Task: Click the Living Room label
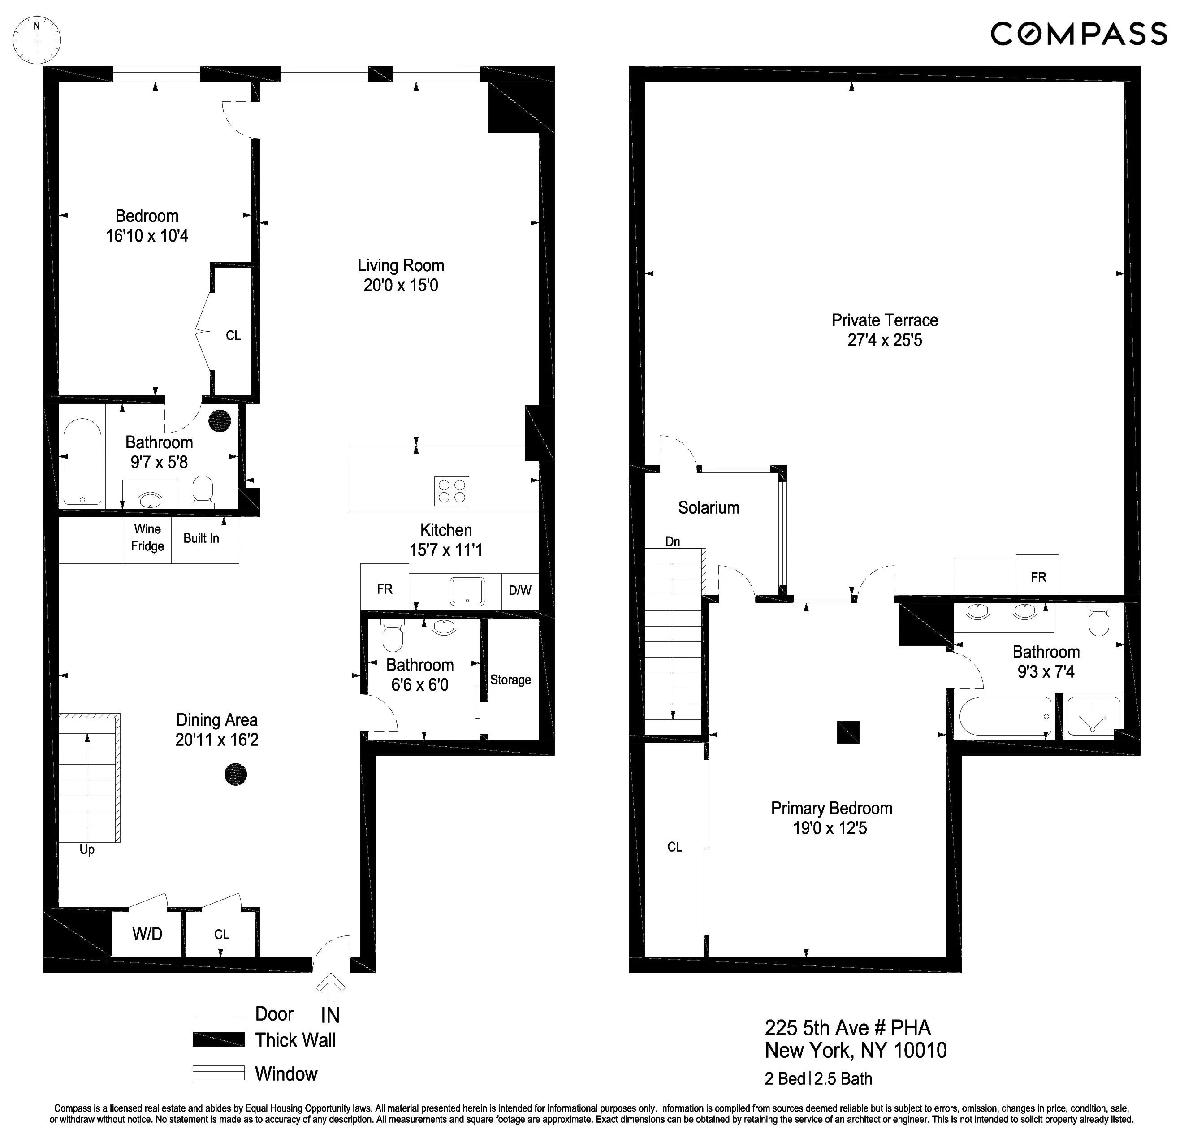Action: [401, 265]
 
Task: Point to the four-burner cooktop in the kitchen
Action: [451, 491]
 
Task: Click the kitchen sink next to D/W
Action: [467, 591]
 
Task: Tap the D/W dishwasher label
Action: [519, 590]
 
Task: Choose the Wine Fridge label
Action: [147, 538]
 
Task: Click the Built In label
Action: [201, 538]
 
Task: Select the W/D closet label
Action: [147, 934]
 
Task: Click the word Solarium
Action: [709, 507]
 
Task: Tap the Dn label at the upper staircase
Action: [672, 541]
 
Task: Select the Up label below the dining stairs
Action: [87, 849]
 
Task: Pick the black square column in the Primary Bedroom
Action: [847, 732]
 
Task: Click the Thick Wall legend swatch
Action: [218, 1040]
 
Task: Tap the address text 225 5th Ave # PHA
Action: [847, 1028]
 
